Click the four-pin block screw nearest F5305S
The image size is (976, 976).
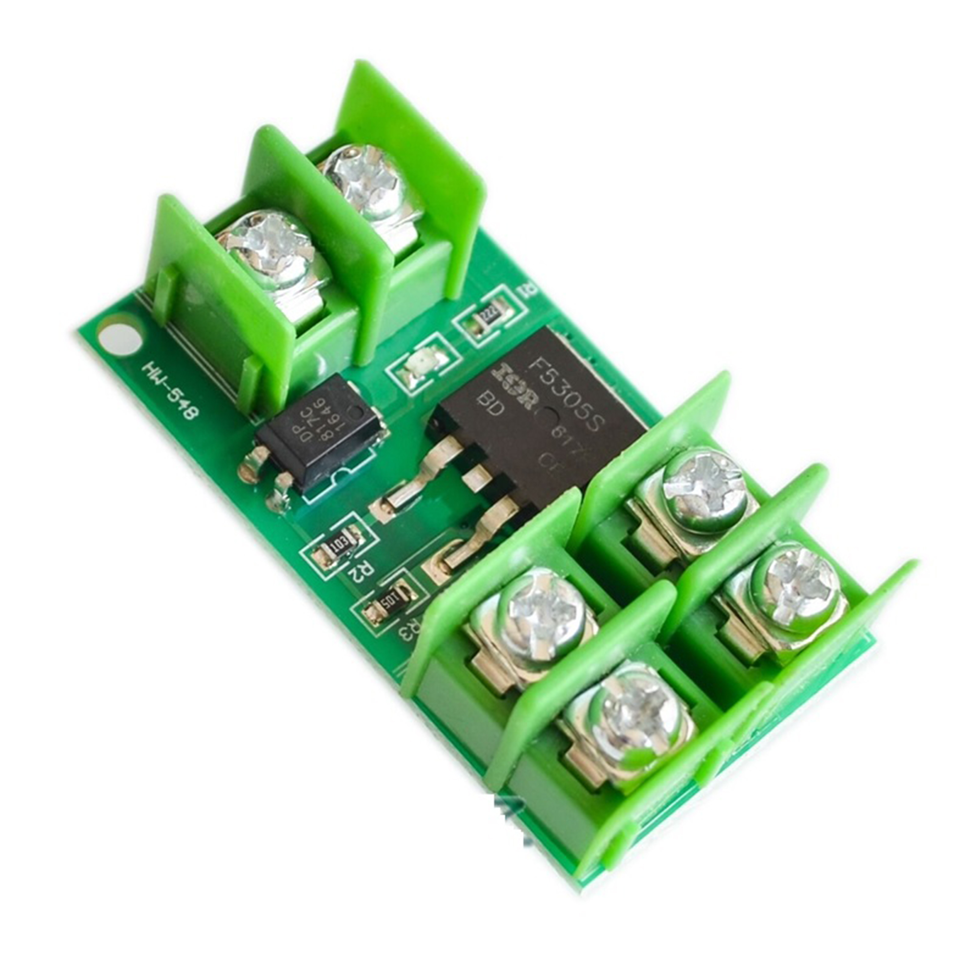pyautogui.click(x=704, y=484)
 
